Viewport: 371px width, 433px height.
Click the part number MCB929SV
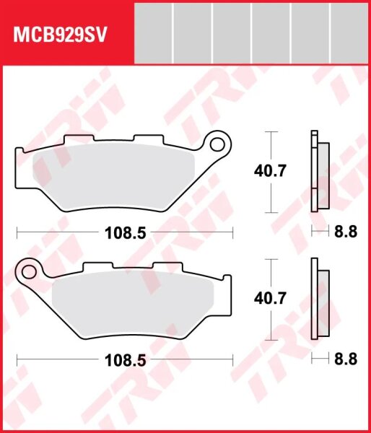click(x=60, y=35)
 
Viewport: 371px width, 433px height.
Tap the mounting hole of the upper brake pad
click(x=217, y=144)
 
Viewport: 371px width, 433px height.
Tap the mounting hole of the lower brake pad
click(x=29, y=272)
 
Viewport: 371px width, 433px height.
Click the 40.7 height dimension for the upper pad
click(x=270, y=171)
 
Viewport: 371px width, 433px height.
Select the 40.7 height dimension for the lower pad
click(x=270, y=299)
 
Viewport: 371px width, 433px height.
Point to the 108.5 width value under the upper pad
click(x=125, y=233)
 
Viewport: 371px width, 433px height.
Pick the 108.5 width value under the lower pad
click(x=125, y=360)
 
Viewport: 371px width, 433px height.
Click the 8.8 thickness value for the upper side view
click(x=346, y=232)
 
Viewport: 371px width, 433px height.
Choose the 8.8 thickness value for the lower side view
click(x=346, y=359)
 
